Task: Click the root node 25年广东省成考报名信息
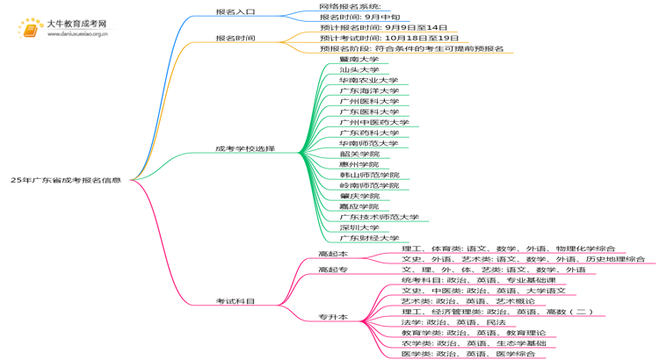66,180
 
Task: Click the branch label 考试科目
235,301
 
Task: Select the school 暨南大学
358,59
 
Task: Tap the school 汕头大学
358,69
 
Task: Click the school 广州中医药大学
374,122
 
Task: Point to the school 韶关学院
358,154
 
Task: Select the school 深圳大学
358,227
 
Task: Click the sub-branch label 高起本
333,254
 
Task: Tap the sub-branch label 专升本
333,317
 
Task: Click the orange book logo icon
30,29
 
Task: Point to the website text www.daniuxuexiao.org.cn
77,35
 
